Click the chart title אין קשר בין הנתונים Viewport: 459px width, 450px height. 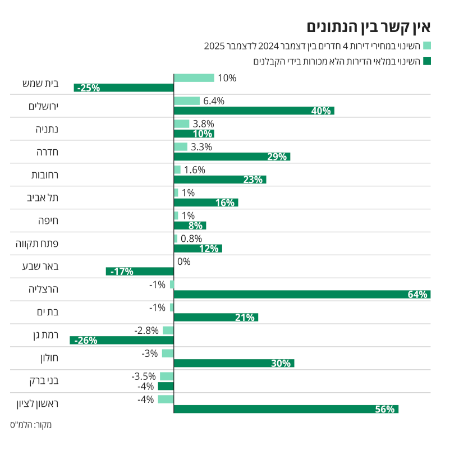point(368,26)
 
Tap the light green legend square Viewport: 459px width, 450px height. point(426,45)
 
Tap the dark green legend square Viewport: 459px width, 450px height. point(426,61)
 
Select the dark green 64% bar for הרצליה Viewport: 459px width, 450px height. point(302,295)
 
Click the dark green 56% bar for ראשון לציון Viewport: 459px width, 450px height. point(286,409)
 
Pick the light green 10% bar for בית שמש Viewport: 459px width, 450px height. point(194,78)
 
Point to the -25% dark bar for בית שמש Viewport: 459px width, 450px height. point(124,88)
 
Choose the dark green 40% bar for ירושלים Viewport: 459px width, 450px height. point(254,111)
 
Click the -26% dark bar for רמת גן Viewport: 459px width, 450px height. point(122,340)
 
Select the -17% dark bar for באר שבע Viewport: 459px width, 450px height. point(140,272)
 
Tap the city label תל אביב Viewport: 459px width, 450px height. point(43,198)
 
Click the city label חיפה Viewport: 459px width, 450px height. point(48,221)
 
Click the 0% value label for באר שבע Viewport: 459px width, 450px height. point(184,261)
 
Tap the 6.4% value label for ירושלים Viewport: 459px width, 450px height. point(214,101)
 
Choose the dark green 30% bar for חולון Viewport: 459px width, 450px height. point(234,363)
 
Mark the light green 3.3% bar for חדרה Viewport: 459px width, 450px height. point(181,147)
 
